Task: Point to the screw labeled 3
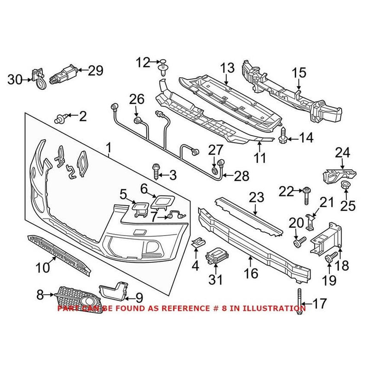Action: click(x=155, y=172)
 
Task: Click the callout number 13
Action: click(x=227, y=68)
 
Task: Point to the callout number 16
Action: click(x=251, y=274)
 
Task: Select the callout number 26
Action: click(x=137, y=99)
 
